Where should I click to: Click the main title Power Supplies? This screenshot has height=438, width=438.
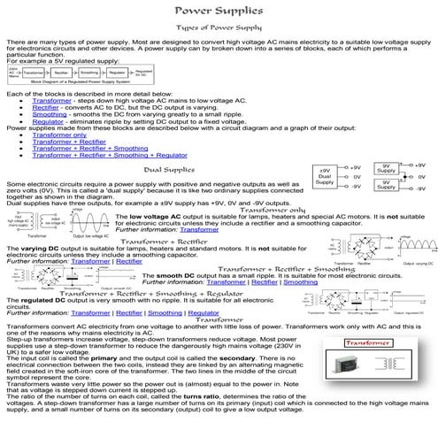point(218,11)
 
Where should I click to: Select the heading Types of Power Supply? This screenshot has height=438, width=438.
point(218,28)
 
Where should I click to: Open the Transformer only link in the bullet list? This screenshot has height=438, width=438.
point(58,134)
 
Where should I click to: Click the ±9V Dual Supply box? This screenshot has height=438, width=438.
point(325,175)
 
